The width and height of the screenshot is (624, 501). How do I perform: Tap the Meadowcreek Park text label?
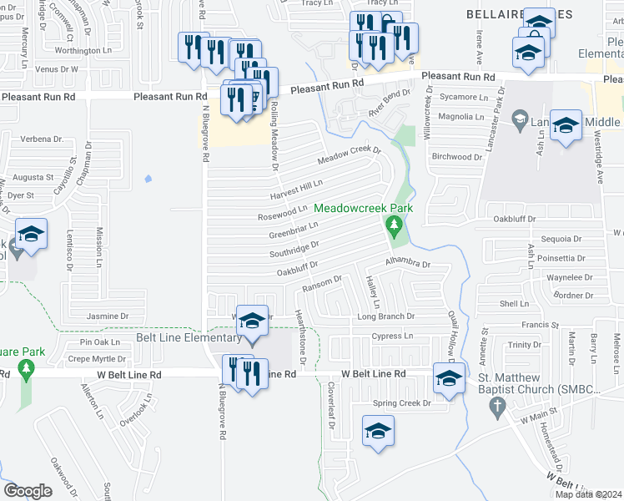pos(363,208)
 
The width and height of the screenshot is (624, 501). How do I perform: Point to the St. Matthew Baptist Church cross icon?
pos(497,407)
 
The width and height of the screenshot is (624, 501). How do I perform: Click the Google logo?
pos(28,490)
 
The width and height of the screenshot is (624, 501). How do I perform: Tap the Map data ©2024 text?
pos(587,494)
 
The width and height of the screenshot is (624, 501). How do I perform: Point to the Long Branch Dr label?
pos(385,316)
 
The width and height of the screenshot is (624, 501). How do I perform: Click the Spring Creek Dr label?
pos(403,402)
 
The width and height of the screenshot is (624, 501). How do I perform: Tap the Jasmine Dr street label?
pos(108,316)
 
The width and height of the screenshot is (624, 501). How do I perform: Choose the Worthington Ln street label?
pos(83,51)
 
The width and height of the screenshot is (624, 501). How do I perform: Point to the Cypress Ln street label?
pos(392,336)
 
